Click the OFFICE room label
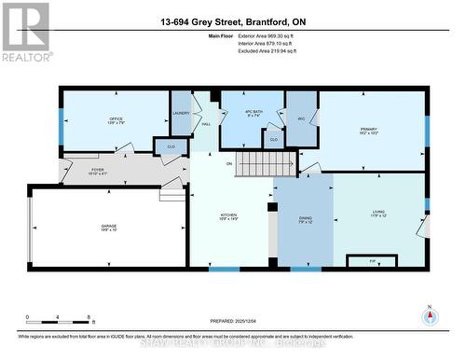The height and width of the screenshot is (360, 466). point(116,119)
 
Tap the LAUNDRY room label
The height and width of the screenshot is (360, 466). point(181,114)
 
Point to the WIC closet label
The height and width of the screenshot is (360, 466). point(301,118)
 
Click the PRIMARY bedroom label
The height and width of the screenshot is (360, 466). point(371,131)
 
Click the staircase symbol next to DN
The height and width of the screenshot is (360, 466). point(254,166)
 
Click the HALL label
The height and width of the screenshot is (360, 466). point(206,124)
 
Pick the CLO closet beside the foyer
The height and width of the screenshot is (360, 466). point(171,148)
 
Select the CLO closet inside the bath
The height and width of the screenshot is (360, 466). point(271,139)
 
